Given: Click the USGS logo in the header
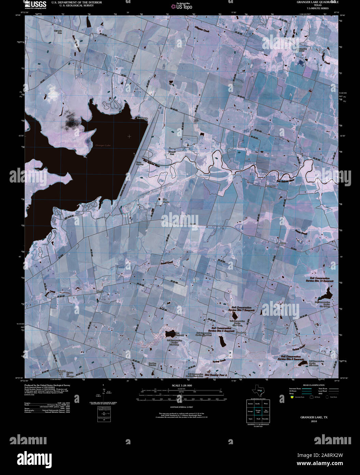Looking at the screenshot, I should point(36,4).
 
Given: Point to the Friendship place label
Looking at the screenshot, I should point(142,118).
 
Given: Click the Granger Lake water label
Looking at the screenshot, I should point(103,146).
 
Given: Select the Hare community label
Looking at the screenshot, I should point(283,243).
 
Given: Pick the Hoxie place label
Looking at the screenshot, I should point(100,291).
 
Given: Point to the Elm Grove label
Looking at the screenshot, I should point(166,201).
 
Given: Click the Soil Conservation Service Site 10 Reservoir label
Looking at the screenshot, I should point(321,280).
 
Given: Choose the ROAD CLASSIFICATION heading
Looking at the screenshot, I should point(311,385).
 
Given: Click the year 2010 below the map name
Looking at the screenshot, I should point(314,421).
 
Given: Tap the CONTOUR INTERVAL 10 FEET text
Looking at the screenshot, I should point(181,407).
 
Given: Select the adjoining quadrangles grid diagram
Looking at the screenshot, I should point(258,411).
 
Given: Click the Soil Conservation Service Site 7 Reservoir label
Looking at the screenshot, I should point(243,309).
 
